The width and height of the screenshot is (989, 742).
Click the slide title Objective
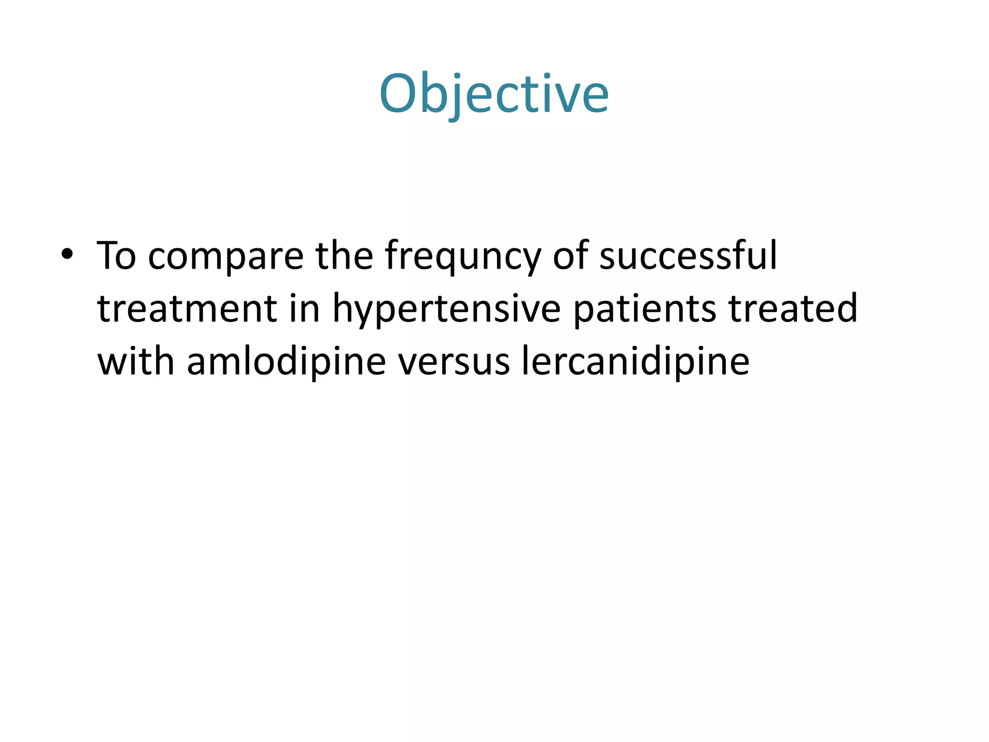(494, 94)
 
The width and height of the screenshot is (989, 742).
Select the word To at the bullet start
(116, 256)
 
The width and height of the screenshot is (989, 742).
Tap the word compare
(226, 257)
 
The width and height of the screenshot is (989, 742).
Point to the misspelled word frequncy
(463, 257)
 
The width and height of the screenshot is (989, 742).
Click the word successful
(688, 256)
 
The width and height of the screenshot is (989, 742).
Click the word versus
(453, 362)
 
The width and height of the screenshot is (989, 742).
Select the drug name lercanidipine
(636, 362)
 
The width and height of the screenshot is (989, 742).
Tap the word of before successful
(570, 256)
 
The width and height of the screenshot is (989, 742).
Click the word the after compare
(344, 256)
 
